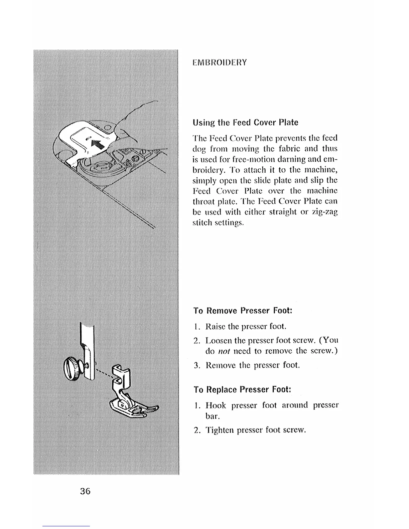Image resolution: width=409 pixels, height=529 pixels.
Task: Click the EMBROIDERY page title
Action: (220, 62)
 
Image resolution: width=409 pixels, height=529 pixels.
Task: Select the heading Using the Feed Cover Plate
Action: (245, 123)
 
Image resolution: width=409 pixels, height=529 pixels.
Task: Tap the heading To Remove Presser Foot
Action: (243, 311)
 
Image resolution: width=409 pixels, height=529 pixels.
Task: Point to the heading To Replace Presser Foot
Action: (242, 390)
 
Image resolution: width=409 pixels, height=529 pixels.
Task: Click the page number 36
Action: (85, 491)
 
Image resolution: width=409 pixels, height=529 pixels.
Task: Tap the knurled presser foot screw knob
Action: (72, 368)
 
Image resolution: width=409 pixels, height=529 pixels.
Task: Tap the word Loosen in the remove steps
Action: (219, 341)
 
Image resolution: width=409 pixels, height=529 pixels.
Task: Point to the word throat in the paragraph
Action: (203, 201)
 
